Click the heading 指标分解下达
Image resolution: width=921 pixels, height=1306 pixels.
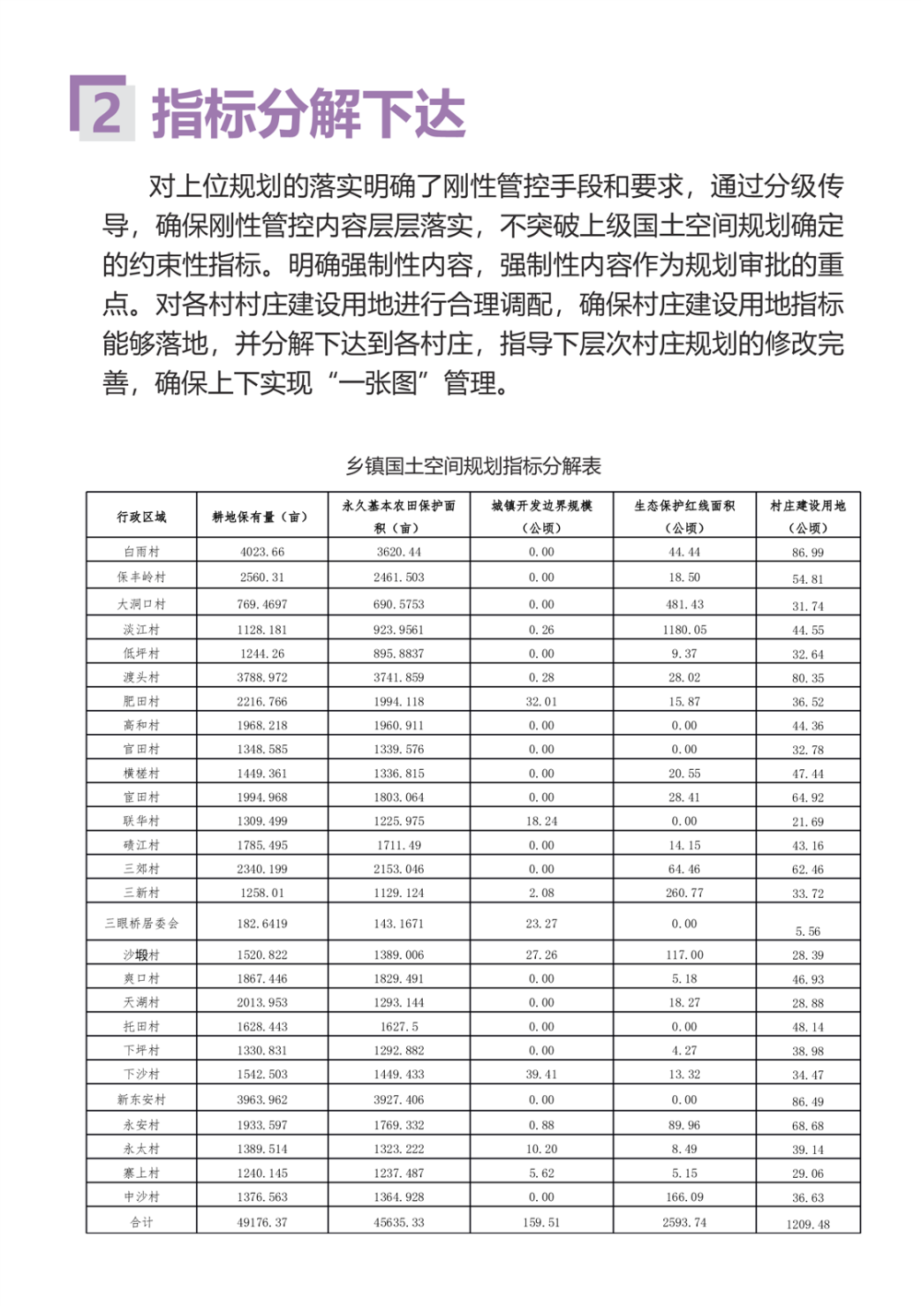tap(309, 114)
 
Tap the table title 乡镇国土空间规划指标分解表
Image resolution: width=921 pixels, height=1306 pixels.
tap(473, 466)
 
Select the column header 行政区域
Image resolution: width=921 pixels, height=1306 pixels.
tap(142, 517)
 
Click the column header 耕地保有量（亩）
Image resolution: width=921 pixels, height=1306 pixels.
tap(261, 517)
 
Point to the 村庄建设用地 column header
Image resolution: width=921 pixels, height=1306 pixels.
tap(808, 516)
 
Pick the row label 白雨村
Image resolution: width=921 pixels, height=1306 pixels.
tap(142, 552)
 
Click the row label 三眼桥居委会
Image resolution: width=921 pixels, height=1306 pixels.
tap(142, 923)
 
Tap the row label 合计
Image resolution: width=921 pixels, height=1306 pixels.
tap(142, 1222)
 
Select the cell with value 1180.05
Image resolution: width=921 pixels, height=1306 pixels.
tap(684, 630)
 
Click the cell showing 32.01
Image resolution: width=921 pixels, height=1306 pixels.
tap(542, 702)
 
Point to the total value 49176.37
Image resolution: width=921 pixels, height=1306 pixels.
tap(262, 1222)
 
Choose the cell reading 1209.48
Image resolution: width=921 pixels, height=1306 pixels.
tap(808, 1224)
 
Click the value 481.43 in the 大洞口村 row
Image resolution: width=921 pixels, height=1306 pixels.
tap(684, 604)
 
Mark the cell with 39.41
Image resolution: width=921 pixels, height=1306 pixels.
tap(542, 1074)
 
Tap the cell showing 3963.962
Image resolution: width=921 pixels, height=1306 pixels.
tap(262, 1100)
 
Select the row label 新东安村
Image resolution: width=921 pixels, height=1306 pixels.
tap(142, 1100)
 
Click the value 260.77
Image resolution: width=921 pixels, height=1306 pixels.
tap(684, 892)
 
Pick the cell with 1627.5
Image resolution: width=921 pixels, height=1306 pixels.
tap(399, 1026)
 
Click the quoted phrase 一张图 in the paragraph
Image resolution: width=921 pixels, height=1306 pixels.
tap(379, 382)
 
